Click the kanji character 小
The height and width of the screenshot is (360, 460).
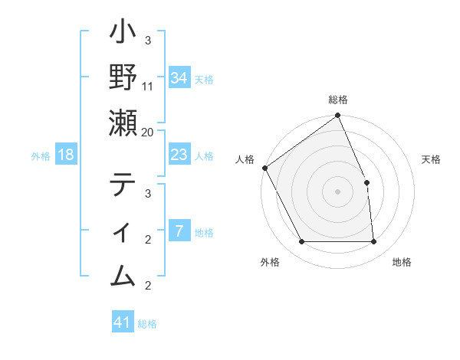point(123,34)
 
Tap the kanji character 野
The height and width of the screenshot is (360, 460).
point(123,77)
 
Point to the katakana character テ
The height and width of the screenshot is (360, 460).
point(123,185)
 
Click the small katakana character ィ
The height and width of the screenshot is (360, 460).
point(123,231)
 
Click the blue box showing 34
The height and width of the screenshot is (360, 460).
point(179,78)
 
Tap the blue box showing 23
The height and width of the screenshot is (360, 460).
point(179,155)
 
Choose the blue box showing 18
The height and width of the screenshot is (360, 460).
point(66,155)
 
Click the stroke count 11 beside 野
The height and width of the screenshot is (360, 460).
point(148,86)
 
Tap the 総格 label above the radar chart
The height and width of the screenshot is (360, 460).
point(338,100)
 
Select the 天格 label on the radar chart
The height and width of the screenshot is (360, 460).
point(431,159)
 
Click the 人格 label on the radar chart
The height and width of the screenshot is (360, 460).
point(245,159)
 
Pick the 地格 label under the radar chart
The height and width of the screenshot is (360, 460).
point(402,262)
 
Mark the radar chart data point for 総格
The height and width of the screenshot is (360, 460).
point(338,116)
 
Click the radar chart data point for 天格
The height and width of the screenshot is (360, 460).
point(366,182)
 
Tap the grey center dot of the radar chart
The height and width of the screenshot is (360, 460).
point(337,191)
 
